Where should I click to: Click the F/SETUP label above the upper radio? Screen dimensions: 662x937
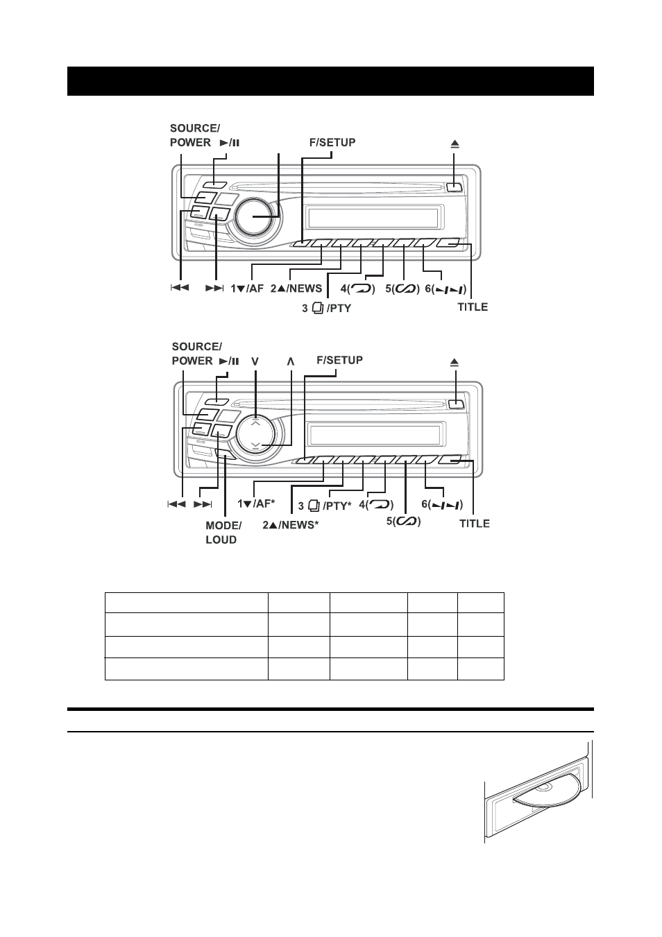tap(332, 143)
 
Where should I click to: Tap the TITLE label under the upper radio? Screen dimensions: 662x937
tap(473, 307)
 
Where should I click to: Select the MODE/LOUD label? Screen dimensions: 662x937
tap(223, 533)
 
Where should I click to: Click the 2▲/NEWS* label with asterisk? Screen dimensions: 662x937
tap(291, 525)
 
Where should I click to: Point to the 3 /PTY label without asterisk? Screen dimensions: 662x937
tap(326, 309)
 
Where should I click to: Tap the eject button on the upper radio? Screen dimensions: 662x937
tap(454, 187)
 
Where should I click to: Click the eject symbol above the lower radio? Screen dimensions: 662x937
tap(455, 362)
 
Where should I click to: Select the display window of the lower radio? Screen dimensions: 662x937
tap(375, 435)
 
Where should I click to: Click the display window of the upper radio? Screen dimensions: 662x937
tap(373, 217)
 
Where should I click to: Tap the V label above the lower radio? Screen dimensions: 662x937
tap(255, 361)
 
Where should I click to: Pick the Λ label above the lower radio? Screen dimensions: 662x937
tap(291, 361)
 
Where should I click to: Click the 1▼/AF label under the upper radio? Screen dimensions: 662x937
tap(247, 289)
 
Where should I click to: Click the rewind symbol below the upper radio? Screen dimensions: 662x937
tap(180, 287)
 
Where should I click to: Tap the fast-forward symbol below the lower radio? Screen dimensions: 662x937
tap(203, 504)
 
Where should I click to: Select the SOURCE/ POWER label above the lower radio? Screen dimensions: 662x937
tap(196, 354)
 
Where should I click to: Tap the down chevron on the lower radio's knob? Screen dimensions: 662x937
tap(257, 445)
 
